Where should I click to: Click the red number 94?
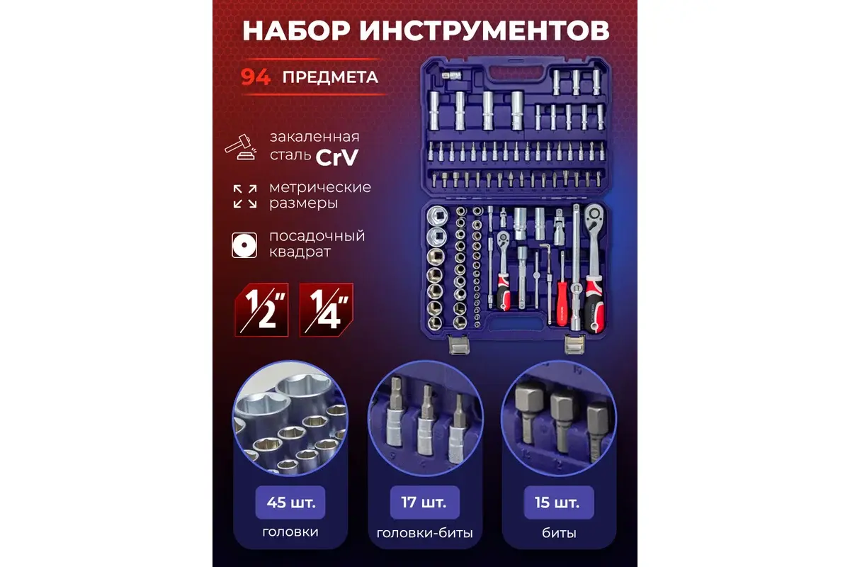[x=256, y=77]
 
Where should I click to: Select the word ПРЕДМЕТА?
[x=330, y=77]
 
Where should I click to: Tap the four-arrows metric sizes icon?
[x=244, y=196]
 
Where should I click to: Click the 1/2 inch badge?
[x=262, y=309]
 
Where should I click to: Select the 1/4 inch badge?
[x=326, y=309]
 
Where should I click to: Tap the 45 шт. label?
[x=290, y=503]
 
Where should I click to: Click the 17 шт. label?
[x=425, y=503]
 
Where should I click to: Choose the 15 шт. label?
[x=558, y=503]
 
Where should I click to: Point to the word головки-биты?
[x=425, y=534]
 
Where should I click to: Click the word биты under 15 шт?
[x=558, y=534]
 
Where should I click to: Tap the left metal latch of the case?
[x=460, y=346]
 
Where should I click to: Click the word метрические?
[x=319, y=188]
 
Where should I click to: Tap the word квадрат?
[x=300, y=252]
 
